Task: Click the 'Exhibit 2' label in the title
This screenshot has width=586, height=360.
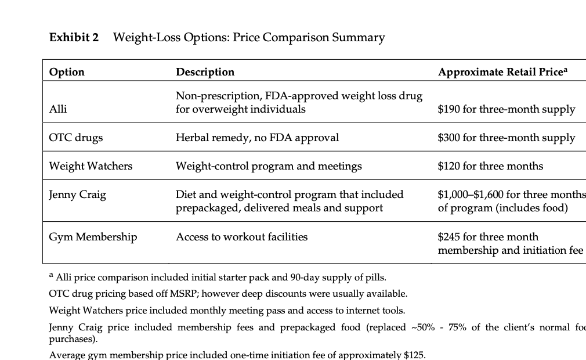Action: [74, 38]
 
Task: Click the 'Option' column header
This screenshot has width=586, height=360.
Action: [67, 72]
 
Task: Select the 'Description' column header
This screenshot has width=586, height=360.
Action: [205, 72]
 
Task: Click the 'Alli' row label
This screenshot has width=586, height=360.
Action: [58, 109]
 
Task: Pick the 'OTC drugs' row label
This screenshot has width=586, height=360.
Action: [76, 138]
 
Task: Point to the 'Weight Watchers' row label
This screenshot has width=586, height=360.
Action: [91, 166]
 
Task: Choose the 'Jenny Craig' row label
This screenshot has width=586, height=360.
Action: [78, 195]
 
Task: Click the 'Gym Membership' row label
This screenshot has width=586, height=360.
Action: [93, 237]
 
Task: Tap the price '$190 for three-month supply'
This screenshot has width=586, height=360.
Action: [506, 109]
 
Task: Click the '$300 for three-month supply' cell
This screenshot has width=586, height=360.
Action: [506, 138]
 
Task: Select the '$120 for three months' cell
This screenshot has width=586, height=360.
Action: [490, 166]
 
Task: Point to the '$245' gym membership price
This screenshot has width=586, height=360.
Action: [448, 237]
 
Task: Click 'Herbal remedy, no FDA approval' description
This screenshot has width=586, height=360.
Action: [257, 138]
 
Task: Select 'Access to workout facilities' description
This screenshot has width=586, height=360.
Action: [241, 237]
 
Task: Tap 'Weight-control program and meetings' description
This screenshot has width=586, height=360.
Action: [269, 166]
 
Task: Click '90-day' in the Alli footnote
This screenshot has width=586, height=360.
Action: [306, 277]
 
